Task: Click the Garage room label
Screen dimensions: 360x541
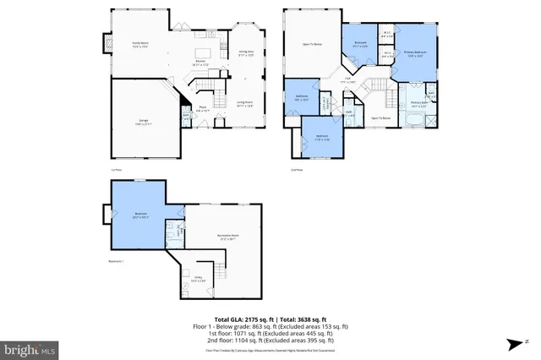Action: click(x=145, y=121)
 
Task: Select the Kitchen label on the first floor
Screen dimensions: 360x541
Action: click(x=201, y=63)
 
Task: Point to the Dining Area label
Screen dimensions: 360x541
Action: click(x=244, y=52)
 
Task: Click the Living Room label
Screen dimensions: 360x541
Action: click(x=245, y=104)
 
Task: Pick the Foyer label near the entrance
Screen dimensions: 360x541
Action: click(x=203, y=108)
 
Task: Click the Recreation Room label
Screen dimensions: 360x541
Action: click(x=223, y=238)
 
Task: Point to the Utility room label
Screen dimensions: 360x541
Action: click(x=198, y=279)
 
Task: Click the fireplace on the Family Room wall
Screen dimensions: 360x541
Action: click(x=107, y=42)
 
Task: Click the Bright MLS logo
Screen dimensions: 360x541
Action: click(x=30, y=348)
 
